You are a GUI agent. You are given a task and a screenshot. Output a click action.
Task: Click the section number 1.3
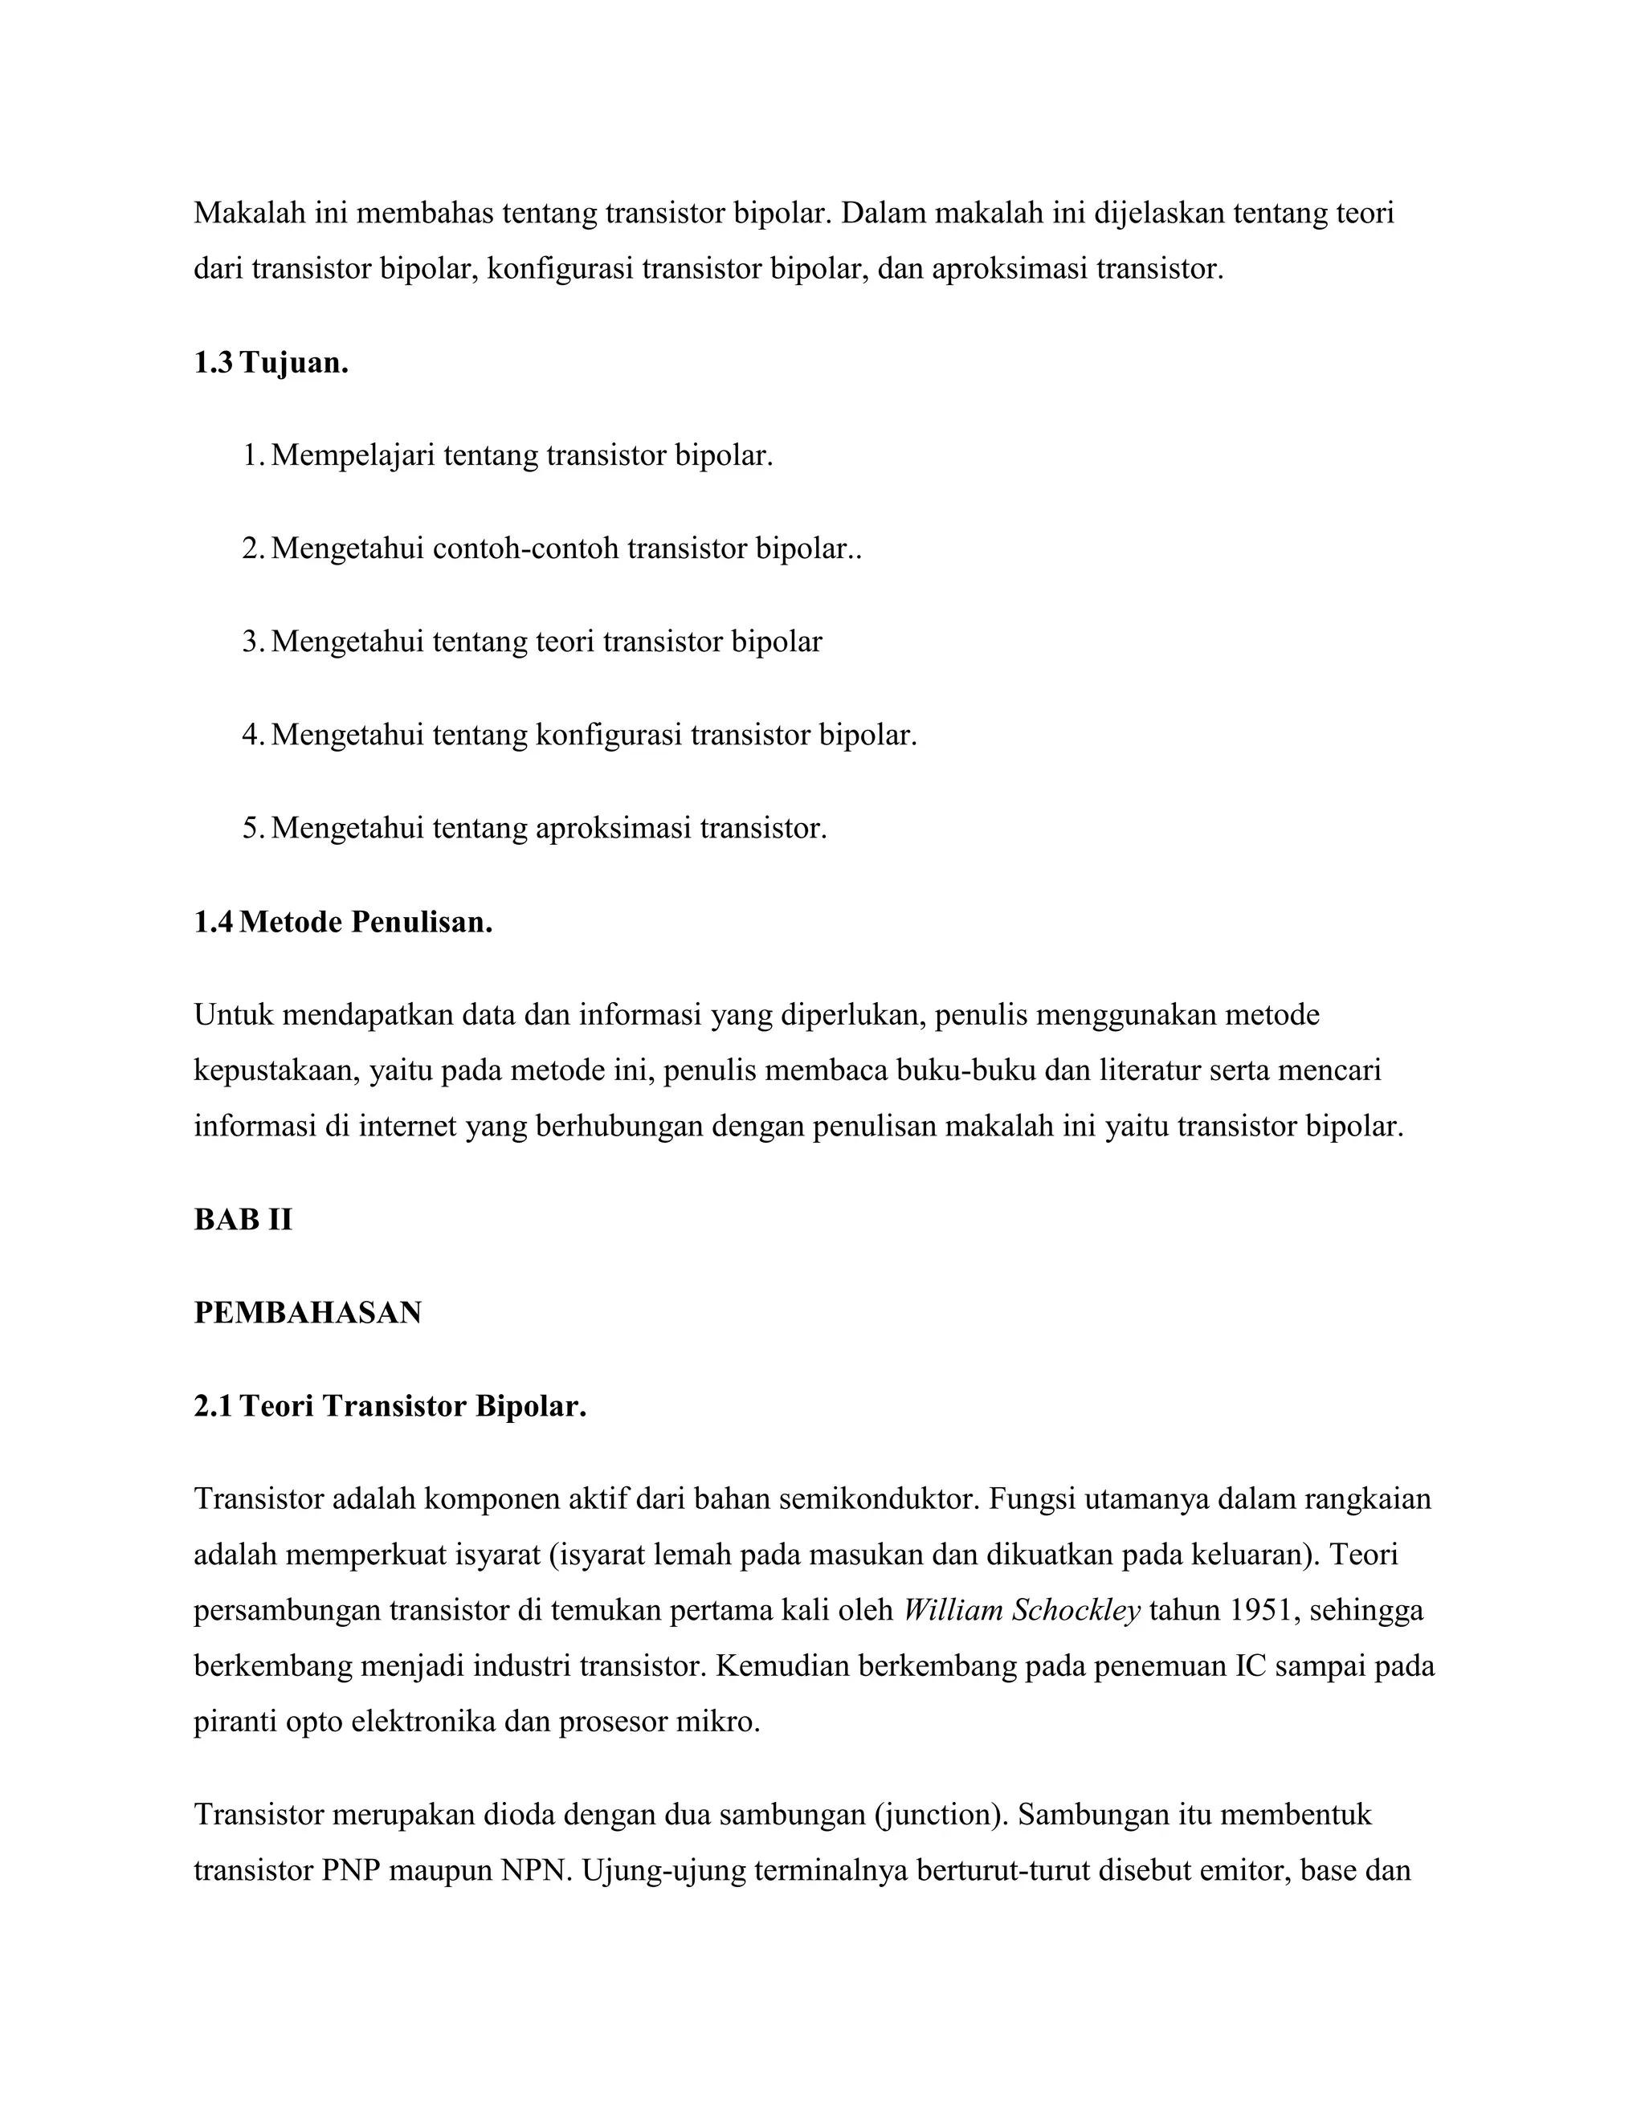pos(214,364)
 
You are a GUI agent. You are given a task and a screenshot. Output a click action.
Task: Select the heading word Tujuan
pos(294,364)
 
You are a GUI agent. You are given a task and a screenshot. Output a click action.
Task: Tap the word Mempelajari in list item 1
pos(353,455)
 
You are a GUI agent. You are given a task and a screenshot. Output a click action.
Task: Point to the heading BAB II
pos(243,1220)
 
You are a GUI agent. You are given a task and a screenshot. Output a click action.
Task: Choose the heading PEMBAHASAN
pos(308,1312)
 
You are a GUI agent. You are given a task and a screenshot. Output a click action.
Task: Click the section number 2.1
pos(214,1406)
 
